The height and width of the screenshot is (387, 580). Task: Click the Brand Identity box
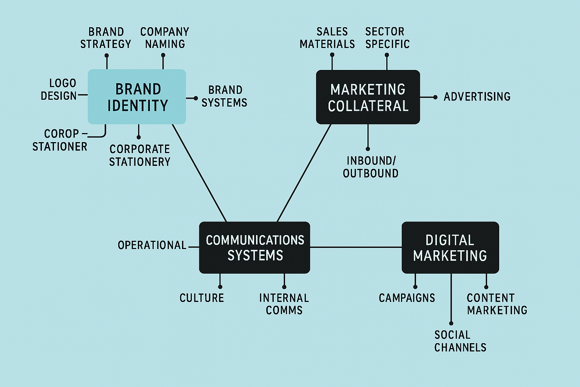(x=137, y=97)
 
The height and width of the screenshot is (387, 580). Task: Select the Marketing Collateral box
(x=368, y=97)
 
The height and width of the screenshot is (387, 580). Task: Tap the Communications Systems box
(x=255, y=248)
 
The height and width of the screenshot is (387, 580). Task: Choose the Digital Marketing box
(x=450, y=248)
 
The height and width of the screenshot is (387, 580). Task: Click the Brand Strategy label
(x=106, y=38)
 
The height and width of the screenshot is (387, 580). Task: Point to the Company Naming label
(x=165, y=38)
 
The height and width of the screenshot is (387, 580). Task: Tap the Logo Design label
(x=59, y=90)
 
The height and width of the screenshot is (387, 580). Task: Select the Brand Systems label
(x=224, y=96)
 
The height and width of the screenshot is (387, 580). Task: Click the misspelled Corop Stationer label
(x=60, y=140)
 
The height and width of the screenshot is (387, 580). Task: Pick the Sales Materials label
(x=327, y=38)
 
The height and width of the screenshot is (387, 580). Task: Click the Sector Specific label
(x=387, y=38)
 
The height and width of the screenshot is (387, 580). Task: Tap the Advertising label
(x=477, y=97)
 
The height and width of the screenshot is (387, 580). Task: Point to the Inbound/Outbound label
(x=371, y=167)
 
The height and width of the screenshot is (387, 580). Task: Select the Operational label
(x=152, y=245)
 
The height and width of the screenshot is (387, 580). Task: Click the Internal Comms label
(x=284, y=304)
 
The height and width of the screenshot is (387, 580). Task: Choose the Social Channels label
(x=460, y=341)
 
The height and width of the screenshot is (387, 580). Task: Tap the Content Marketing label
(x=497, y=304)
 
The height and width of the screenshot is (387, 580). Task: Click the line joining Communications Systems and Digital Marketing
(x=356, y=247)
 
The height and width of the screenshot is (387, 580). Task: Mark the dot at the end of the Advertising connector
(x=435, y=97)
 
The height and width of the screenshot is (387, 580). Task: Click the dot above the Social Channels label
(x=451, y=323)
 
